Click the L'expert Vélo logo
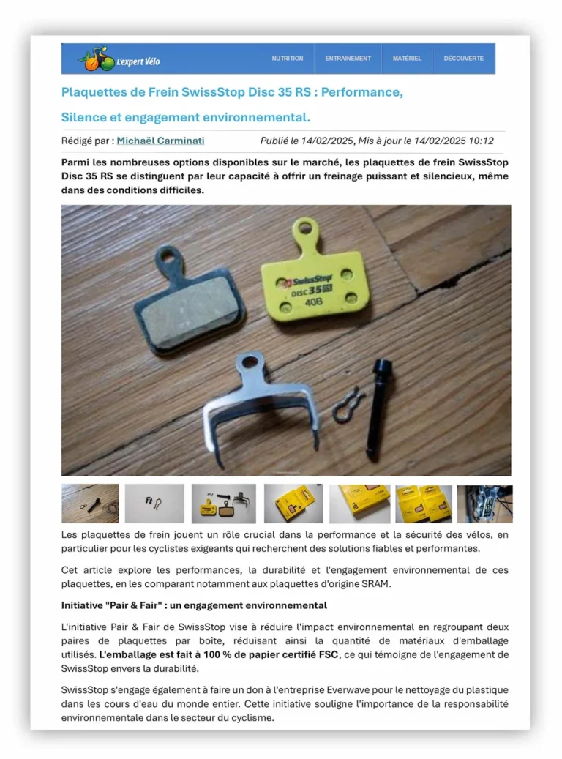click(119, 59)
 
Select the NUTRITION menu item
click(287, 59)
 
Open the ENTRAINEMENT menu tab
click(348, 59)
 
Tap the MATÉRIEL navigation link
click(407, 59)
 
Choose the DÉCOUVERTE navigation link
click(463, 59)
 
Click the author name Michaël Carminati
click(160, 141)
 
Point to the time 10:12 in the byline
click(481, 141)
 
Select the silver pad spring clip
click(261, 403)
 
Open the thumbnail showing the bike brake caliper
click(484, 504)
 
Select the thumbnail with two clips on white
click(154, 504)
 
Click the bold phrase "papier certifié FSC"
click(295, 654)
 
